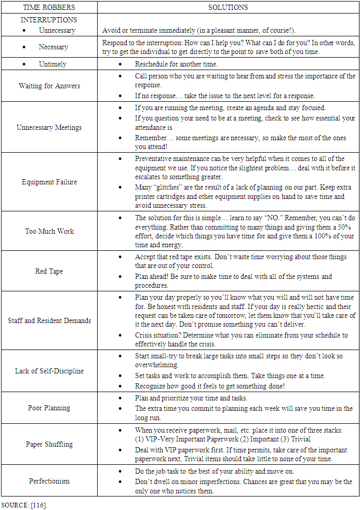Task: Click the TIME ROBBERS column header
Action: [x=49, y=7]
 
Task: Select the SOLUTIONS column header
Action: [x=228, y=7]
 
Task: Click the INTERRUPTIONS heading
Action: [x=49, y=20]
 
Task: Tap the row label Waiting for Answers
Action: [x=49, y=86]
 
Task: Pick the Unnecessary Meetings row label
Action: [x=49, y=127]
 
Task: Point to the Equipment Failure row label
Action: [x=49, y=182]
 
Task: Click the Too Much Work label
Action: [x=49, y=231]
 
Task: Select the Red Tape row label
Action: [x=49, y=271]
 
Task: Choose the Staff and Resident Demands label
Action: [x=49, y=320]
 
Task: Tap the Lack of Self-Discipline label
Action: [x=49, y=371]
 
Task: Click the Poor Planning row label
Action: [x=49, y=408]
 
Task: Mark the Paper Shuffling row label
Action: [x=49, y=444]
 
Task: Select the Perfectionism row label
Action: [x=49, y=481]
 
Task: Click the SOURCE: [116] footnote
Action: [x=24, y=504]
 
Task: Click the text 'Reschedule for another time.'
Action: [x=176, y=64]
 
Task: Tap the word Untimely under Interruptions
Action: [x=52, y=64]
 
